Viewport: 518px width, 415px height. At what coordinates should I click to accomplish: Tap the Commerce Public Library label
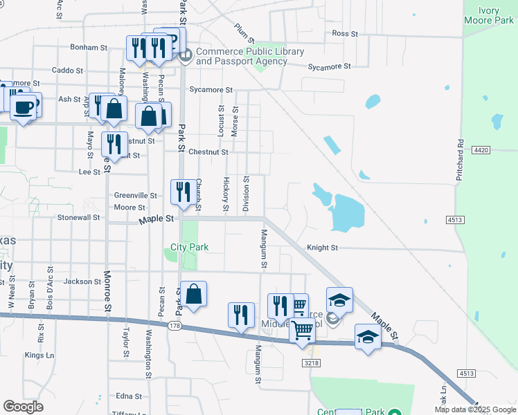250,57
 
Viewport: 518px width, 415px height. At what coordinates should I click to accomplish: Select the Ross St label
344,33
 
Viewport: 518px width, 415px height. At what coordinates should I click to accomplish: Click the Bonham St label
89,48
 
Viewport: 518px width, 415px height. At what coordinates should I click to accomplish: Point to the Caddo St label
68,71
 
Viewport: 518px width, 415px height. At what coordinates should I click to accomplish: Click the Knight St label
322,248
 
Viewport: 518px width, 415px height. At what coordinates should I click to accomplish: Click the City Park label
190,247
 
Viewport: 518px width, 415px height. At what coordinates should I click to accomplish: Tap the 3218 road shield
311,362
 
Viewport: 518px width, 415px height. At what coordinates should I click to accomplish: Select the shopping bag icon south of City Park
195,293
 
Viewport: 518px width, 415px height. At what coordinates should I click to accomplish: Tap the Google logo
23,407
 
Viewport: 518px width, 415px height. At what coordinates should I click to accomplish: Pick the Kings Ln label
39,356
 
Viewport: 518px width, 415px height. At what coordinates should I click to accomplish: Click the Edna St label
129,396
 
